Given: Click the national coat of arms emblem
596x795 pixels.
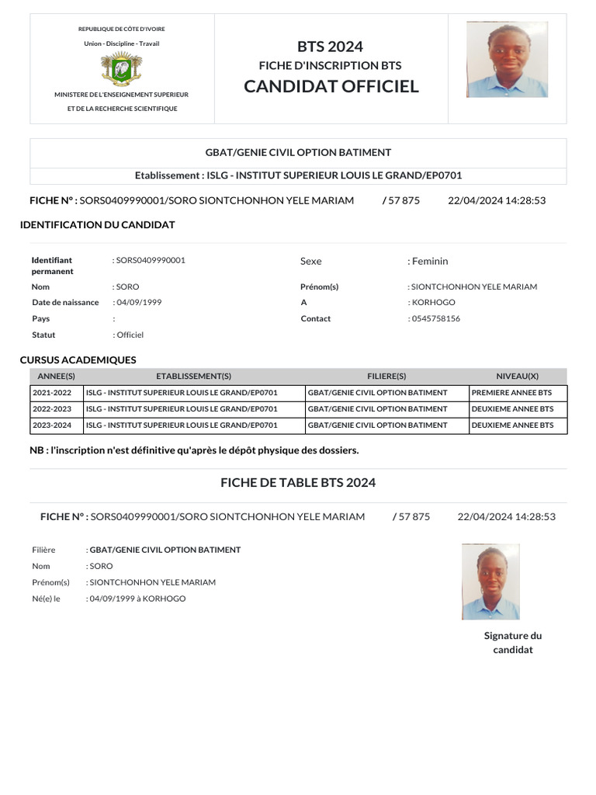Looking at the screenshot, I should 121,69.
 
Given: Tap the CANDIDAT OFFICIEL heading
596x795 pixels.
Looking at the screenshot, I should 331,86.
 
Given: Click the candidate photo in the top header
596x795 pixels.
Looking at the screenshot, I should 507,60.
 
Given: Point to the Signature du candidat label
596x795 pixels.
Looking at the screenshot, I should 513,642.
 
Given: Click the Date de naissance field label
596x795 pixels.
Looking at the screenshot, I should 65,302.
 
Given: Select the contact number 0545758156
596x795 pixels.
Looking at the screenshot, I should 435,318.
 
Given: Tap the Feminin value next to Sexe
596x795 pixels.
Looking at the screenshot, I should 428,261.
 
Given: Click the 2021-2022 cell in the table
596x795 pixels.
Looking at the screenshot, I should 52,393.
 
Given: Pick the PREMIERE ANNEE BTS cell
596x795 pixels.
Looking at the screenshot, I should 511,393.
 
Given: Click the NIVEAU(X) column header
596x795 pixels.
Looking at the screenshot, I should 517,376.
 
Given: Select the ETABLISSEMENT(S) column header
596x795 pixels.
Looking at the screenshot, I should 193,376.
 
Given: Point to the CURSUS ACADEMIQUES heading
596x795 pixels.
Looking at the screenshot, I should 78,360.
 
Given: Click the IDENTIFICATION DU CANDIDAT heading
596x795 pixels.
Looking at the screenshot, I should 97,225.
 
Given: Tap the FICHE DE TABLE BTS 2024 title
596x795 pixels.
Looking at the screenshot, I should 298,482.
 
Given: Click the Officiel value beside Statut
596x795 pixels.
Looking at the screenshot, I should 130,335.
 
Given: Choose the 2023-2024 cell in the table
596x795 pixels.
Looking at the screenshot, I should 52,425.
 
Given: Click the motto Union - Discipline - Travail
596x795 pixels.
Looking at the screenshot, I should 121,43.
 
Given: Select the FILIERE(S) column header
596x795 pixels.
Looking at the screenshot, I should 386,376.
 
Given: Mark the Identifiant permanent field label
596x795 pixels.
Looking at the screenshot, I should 53,266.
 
